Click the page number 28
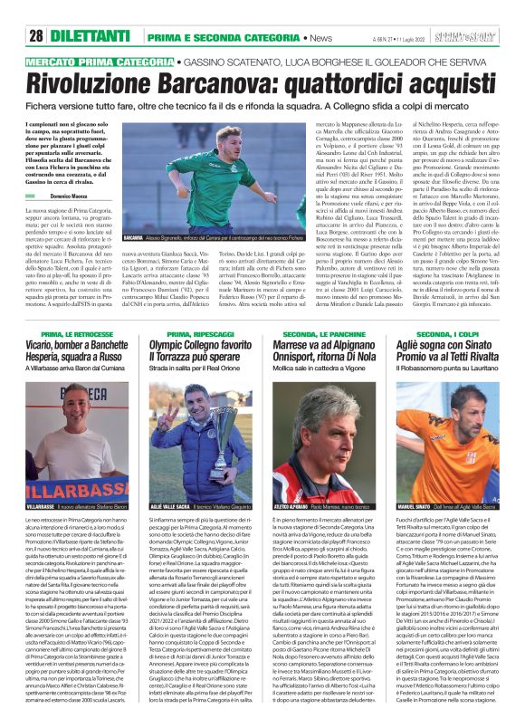coord(36,11)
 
